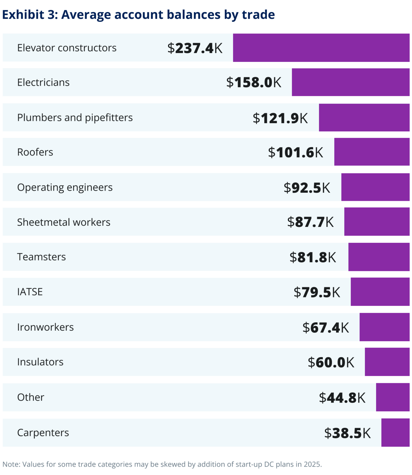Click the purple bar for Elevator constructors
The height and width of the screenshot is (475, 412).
coord(321,48)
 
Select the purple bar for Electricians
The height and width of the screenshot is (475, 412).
coord(350,82)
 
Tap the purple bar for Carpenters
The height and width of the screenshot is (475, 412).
coord(395,432)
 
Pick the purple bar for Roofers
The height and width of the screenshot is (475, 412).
coord(372,152)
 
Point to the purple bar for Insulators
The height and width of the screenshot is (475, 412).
coord(387,362)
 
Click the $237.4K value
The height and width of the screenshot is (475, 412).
coord(195,48)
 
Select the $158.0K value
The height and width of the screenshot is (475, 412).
coord(254,82)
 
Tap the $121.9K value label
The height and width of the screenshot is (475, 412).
coord(280,118)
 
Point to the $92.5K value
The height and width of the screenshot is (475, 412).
coord(307,188)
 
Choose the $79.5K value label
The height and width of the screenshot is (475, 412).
coord(317,292)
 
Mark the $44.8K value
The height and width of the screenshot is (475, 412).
coord(342,397)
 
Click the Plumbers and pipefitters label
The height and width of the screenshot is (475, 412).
coord(75,117)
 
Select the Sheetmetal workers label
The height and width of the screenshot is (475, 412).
coord(64,222)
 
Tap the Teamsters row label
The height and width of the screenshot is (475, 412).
coord(41,257)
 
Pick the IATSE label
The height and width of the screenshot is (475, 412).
coord(30,292)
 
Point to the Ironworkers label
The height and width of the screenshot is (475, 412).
coord(45,327)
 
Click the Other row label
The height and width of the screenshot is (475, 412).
coord(30,397)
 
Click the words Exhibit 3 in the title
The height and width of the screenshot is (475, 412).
coord(30,14)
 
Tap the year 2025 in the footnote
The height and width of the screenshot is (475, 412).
coord(312,464)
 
